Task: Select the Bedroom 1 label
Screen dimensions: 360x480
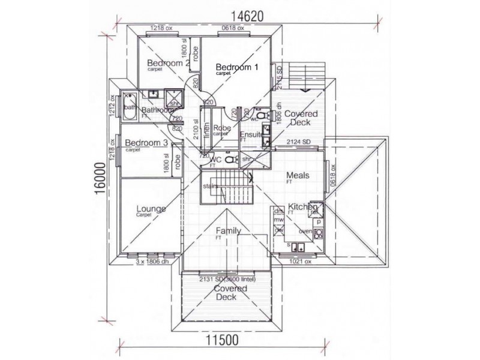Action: [236, 67]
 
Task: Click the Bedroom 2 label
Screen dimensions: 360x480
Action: [168, 63]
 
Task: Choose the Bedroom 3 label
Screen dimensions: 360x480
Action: [146, 143]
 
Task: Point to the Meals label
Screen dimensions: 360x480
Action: [298, 175]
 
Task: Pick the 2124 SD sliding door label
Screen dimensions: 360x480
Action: [298, 142]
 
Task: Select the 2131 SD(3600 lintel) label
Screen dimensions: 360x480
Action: [223, 278]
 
